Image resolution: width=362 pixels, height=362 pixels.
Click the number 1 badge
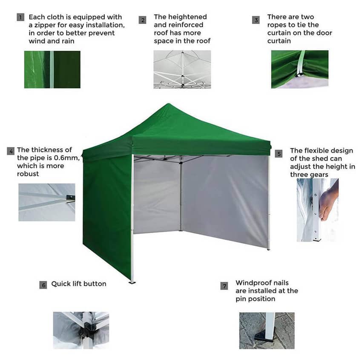(x=20, y=17)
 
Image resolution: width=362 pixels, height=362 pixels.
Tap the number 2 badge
(x=143, y=20)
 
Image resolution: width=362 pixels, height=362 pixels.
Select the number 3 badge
(x=256, y=20)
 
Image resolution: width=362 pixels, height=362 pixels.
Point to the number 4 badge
(x=11, y=151)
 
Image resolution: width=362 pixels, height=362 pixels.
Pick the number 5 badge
(x=279, y=154)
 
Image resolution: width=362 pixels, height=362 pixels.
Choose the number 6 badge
(x=43, y=285)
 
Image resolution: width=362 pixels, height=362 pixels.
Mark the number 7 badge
(x=224, y=286)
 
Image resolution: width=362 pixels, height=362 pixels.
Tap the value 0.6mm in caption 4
(x=67, y=158)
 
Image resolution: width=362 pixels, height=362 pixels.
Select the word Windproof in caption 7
(x=251, y=283)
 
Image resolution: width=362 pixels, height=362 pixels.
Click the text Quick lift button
(x=79, y=284)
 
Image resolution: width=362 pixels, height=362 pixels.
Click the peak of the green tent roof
(x=169, y=103)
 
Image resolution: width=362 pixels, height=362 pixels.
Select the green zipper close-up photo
(x=52, y=69)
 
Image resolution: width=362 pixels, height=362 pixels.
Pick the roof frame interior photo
(x=182, y=69)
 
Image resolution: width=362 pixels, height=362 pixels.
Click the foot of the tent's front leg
(x=132, y=282)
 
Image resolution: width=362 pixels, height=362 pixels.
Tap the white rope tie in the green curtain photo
(x=301, y=64)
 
